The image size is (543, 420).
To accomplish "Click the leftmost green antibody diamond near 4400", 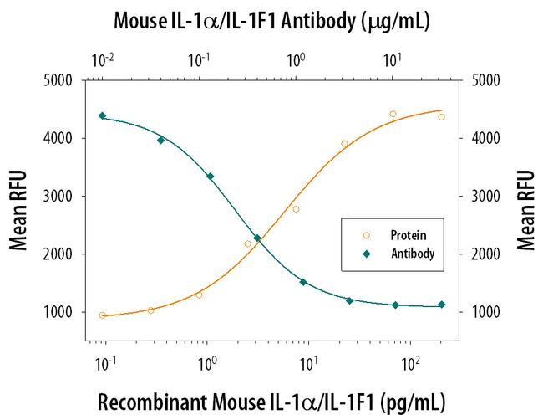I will (x=102, y=115).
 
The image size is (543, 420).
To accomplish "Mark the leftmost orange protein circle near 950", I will (x=102, y=315).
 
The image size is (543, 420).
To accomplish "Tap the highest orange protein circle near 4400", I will (x=393, y=114).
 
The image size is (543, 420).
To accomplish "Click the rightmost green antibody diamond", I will (x=442, y=305).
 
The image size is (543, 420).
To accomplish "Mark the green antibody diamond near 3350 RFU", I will (x=210, y=176).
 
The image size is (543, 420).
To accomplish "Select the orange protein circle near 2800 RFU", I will (x=296, y=209).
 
